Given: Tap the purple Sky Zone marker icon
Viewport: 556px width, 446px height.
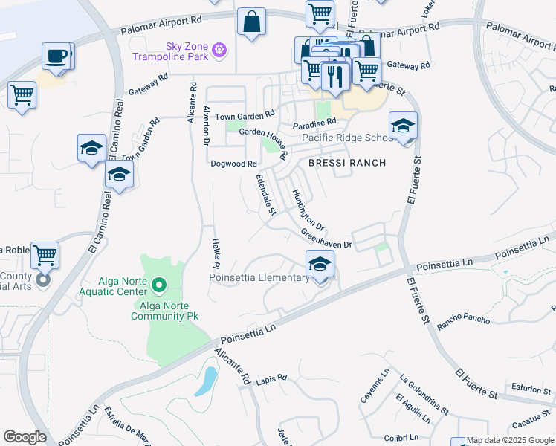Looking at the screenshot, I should pyautogui.click(x=219, y=50).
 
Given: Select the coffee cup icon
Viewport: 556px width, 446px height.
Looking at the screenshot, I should pyautogui.click(x=56, y=56).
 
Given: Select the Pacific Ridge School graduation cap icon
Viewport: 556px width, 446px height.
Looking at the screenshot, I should pyautogui.click(x=403, y=126).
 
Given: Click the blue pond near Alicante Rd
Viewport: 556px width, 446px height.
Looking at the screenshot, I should pyautogui.click(x=207, y=382).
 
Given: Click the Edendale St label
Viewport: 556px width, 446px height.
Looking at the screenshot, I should pyautogui.click(x=265, y=196).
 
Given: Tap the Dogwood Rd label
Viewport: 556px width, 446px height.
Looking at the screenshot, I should pyautogui.click(x=233, y=164).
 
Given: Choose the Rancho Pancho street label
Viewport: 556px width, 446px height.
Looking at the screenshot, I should pyautogui.click(x=463, y=320).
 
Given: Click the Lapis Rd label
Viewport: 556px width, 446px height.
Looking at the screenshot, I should pyautogui.click(x=271, y=378).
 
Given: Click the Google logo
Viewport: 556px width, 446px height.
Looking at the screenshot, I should pyautogui.click(x=25, y=437).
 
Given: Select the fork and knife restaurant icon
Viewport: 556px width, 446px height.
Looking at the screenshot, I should pyautogui.click(x=335, y=75).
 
